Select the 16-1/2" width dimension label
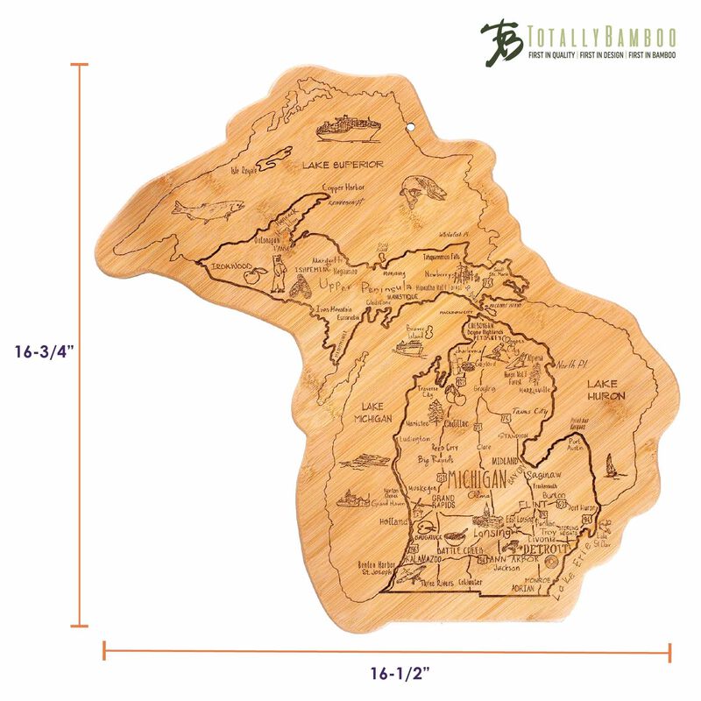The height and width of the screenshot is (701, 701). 387,674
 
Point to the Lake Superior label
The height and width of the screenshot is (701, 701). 343,164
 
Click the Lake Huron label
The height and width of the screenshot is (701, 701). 606,390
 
